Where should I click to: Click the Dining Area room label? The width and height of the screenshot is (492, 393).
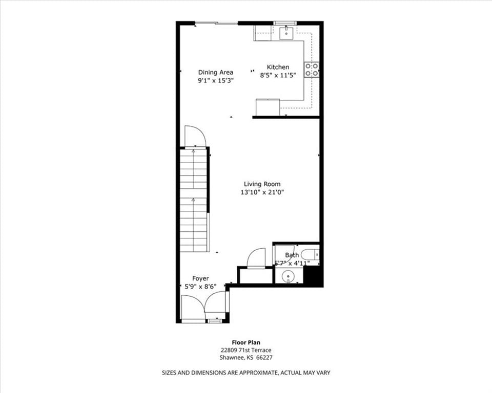(x=216, y=72)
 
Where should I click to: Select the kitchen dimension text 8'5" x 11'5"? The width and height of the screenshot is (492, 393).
(x=278, y=75)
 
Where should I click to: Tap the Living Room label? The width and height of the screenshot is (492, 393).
(x=262, y=184)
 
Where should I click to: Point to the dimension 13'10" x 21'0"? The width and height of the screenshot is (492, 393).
(x=262, y=192)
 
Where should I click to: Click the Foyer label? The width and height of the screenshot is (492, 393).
(x=200, y=278)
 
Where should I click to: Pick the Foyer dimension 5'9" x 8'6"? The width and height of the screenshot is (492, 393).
(x=200, y=286)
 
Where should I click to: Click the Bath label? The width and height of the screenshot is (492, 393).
(x=292, y=255)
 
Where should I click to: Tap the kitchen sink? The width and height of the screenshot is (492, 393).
(x=286, y=33)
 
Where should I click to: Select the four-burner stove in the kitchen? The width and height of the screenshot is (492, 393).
(x=312, y=70)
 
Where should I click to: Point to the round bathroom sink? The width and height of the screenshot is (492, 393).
(x=288, y=276)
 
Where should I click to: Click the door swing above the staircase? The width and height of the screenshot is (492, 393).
(x=195, y=136)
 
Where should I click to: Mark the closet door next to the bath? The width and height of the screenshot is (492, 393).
(x=256, y=258)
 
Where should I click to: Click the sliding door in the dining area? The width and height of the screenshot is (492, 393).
(x=216, y=23)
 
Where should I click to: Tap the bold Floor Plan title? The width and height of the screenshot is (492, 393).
(x=246, y=342)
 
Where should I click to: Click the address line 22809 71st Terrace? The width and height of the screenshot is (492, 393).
(x=246, y=350)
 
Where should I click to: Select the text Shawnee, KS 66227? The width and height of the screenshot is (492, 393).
(x=246, y=358)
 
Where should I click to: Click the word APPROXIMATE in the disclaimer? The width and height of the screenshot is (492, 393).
(x=258, y=373)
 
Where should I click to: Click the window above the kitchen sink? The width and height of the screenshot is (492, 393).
(x=285, y=23)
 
